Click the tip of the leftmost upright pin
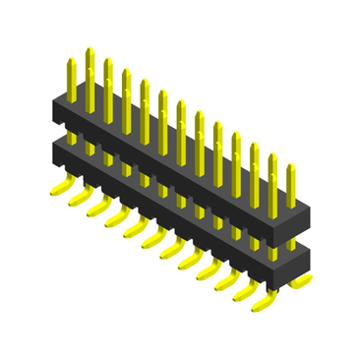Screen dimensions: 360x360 [x=71, y=61]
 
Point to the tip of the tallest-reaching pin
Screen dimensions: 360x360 [x=89, y=49]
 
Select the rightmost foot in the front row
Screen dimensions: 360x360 [x=262, y=304]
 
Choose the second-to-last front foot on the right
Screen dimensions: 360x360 [x=243, y=293]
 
